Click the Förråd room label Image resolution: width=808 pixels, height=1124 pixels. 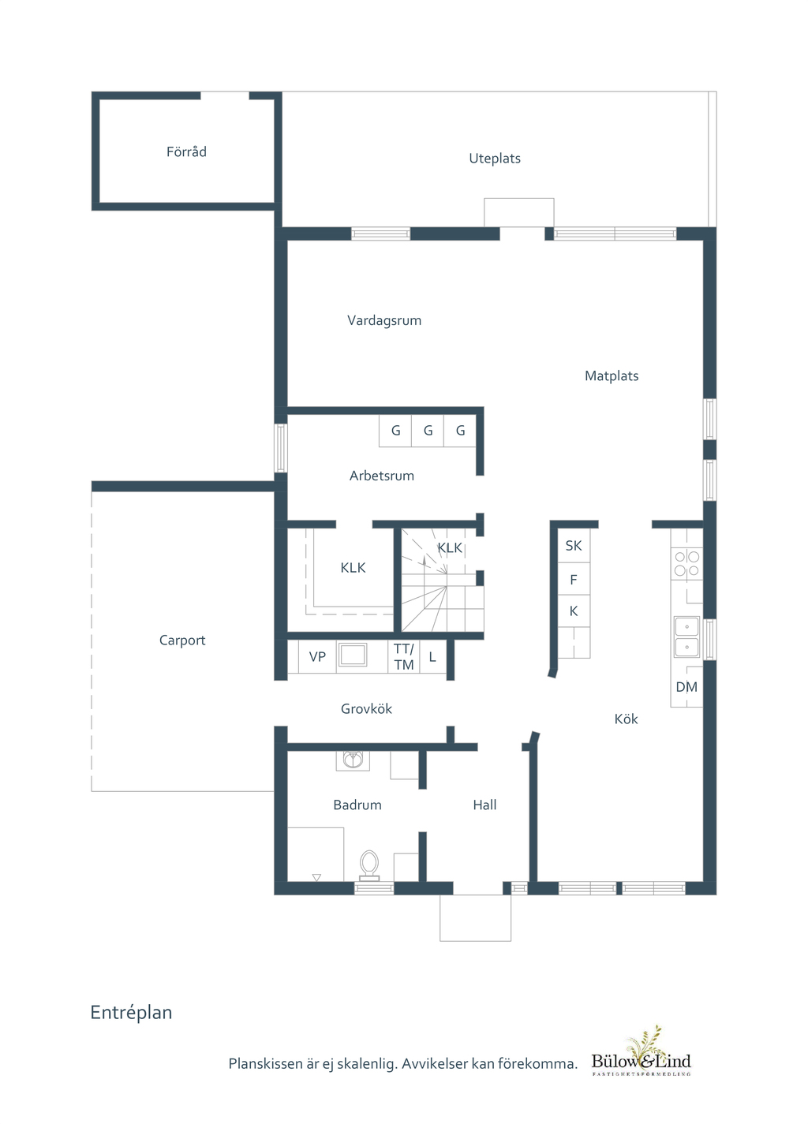tap(186, 151)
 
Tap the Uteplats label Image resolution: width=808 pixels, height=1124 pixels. tap(494, 159)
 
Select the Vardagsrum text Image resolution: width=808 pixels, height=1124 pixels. tap(384, 321)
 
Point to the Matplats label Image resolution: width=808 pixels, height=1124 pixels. tap(612, 375)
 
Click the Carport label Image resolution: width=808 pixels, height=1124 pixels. tap(182, 640)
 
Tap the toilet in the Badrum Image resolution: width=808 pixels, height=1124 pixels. tap(369, 865)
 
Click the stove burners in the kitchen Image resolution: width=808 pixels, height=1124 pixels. tap(686, 563)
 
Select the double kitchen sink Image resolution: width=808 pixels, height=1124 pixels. tap(686, 637)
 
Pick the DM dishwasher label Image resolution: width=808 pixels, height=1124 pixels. tap(686, 687)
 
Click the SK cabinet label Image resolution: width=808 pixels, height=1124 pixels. tap(573, 546)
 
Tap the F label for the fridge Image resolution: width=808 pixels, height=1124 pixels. tap(573, 580)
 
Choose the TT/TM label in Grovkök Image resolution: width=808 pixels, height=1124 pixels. tap(403, 657)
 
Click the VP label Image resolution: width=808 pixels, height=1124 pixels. tap(317, 657)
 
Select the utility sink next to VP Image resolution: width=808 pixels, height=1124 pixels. tap(352, 655)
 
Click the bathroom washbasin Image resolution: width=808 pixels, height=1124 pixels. tap(353, 760)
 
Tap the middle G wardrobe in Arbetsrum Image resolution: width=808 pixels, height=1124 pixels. tap(428, 431)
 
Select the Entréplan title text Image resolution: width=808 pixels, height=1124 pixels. tap(131, 1013)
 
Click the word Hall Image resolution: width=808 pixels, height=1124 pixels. tap(484, 805)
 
